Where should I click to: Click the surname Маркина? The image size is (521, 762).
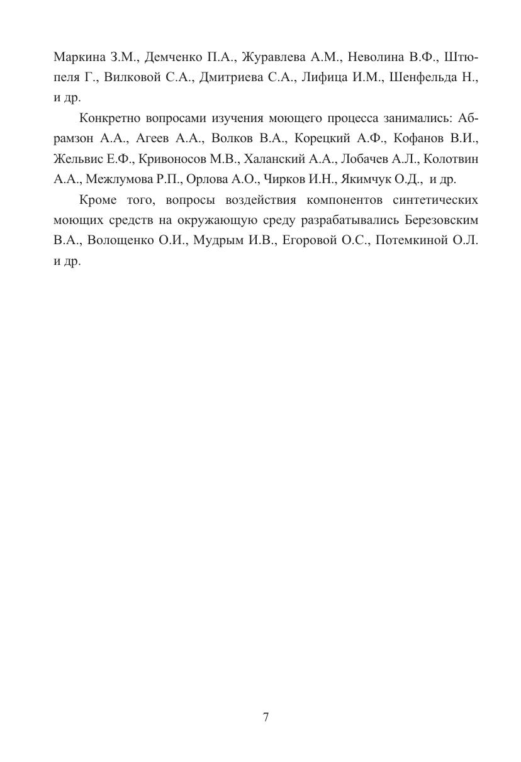tap(79, 57)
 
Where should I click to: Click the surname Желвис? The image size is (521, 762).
tap(76, 159)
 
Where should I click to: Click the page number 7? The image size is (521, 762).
tap(266, 717)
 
